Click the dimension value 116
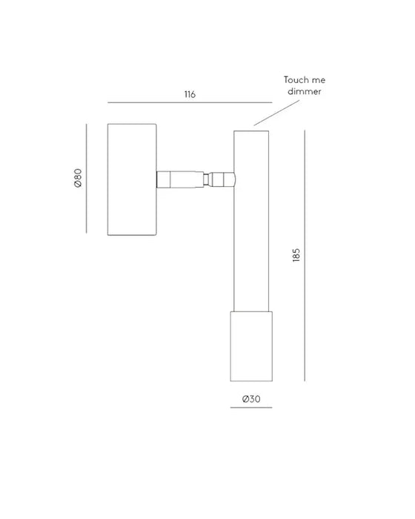pyautogui.click(x=190, y=94)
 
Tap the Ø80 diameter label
pyautogui.click(x=78, y=179)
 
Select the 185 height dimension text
pyautogui.click(x=296, y=255)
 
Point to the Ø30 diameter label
pyautogui.click(x=251, y=399)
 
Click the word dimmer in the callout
pyautogui.click(x=304, y=91)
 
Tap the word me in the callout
pyautogui.click(x=319, y=80)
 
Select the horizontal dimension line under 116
pyautogui.click(x=190, y=102)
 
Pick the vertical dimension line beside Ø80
pyautogui.click(x=87, y=179)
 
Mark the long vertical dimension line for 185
pyautogui.click(x=305, y=256)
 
